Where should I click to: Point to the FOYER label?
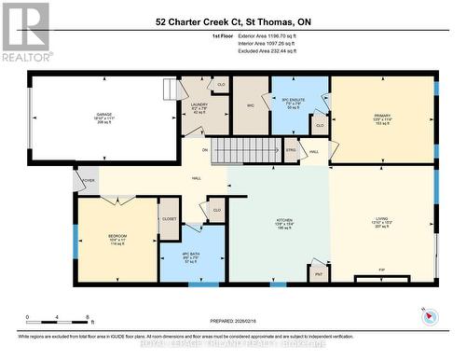pos(89,180)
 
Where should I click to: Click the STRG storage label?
pos(290,149)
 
